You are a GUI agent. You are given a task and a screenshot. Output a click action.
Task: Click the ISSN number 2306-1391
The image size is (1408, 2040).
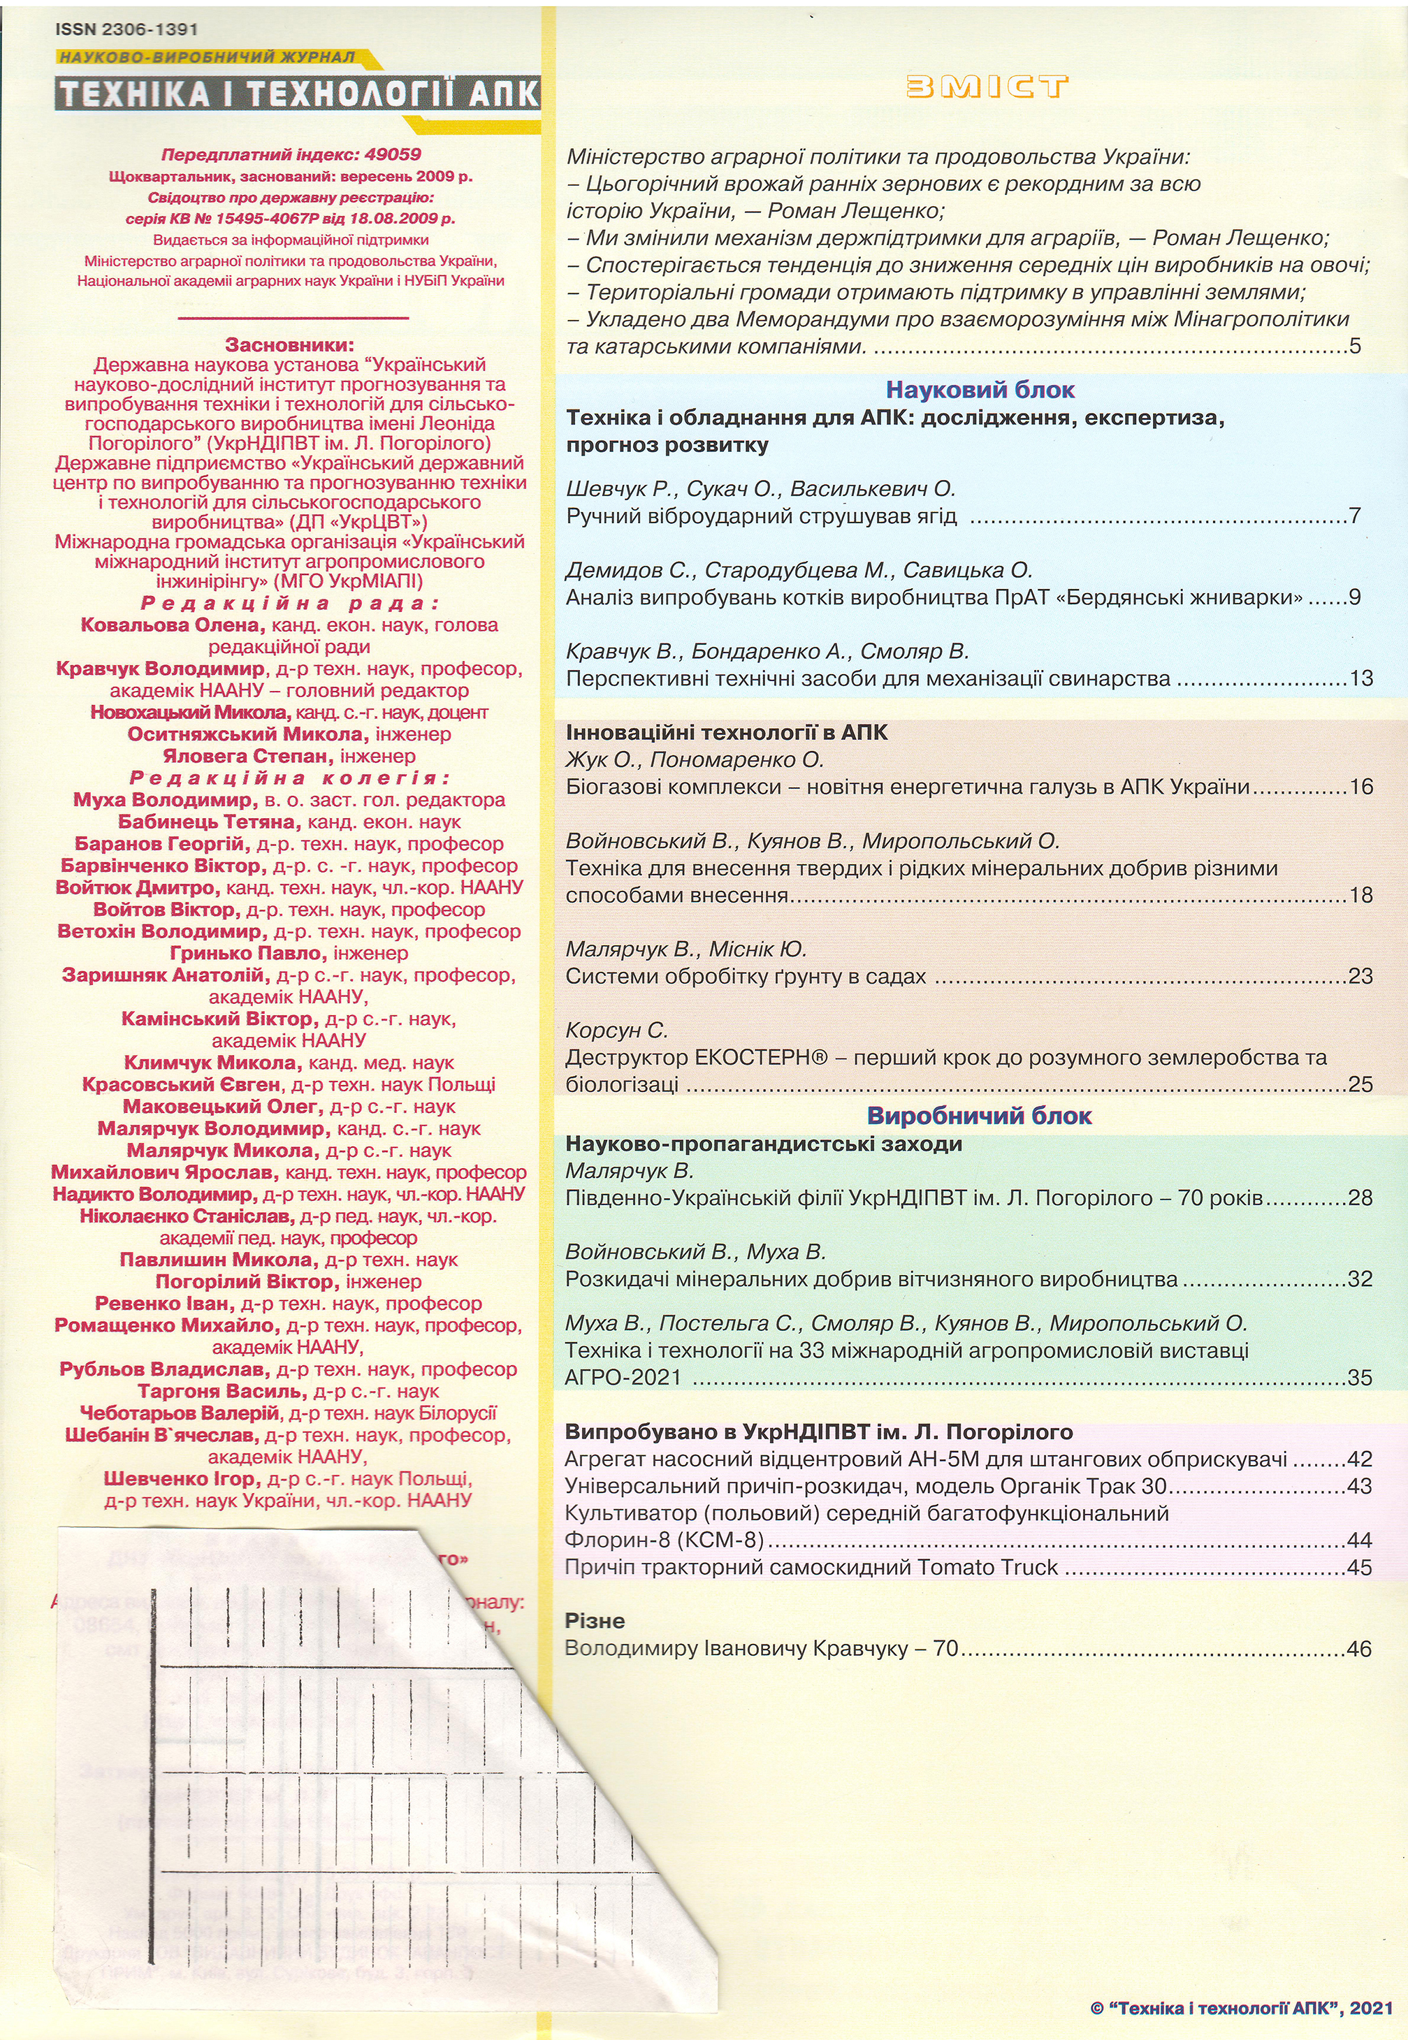pyautogui.click(x=150, y=29)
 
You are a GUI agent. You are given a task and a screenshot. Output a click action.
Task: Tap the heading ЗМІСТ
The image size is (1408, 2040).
pyautogui.click(x=987, y=87)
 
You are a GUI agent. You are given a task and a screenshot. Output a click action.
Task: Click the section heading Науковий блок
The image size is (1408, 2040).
pyautogui.click(x=980, y=390)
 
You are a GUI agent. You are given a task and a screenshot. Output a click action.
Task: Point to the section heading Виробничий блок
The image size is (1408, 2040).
pyautogui.click(x=979, y=1116)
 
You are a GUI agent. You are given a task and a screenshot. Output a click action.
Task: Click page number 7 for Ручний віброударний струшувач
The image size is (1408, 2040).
pyautogui.click(x=1355, y=516)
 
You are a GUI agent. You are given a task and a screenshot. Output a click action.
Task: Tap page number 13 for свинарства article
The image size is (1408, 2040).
pyautogui.click(x=1361, y=678)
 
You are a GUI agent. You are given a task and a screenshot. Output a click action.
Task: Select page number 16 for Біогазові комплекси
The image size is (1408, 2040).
pyautogui.click(x=1361, y=787)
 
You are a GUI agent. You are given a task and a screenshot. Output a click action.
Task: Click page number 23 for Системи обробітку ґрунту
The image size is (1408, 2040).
pyautogui.click(x=1361, y=977)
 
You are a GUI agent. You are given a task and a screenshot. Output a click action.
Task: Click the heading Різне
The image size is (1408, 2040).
pyautogui.click(x=595, y=1621)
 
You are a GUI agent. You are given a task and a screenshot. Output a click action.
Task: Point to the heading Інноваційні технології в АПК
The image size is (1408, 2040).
pyautogui.click(x=727, y=733)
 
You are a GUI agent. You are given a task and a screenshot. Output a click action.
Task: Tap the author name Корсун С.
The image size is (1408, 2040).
pyautogui.click(x=618, y=1030)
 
